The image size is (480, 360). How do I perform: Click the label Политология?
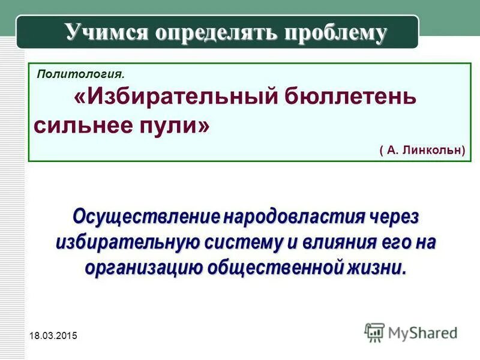pos(81,74)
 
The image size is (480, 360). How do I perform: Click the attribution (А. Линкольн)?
pos(422,150)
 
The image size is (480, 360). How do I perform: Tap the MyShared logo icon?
pos(374,331)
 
